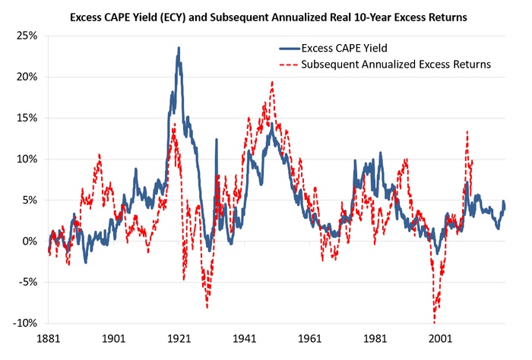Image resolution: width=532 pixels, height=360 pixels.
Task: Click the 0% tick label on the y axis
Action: pyautogui.click(x=29, y=241)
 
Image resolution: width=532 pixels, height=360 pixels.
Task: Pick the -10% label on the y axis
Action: pyautogui.click(x=24, y=323)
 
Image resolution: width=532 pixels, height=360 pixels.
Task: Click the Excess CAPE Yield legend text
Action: pyautogui.click(x=350, y=50)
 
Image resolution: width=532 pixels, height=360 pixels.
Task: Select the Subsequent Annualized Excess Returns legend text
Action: pyautogui.click(x=396, y=65)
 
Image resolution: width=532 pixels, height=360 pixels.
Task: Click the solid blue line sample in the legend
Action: pyautogui.click(x=289, y=50)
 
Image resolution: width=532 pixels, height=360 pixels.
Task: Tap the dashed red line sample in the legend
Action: pyautogui.click(x=289, y=65)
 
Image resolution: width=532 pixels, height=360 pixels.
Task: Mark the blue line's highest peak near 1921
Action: pyautogui.click(x=179, y=48)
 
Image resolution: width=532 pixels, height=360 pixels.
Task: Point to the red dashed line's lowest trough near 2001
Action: pyautogui.click(x=435, y=322)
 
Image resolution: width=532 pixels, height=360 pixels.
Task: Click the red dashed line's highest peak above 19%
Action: pyautogui.click(x=272, y=82)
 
